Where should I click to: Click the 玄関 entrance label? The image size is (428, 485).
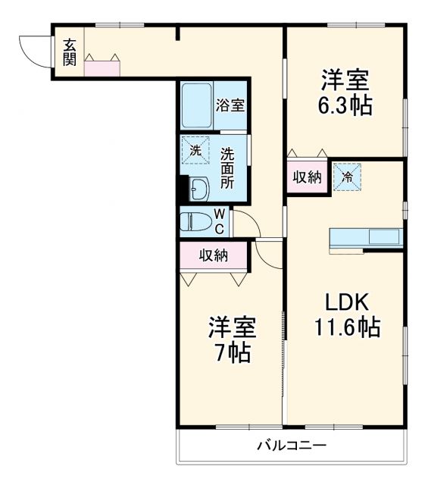pyautogui.click(x=69, y=52)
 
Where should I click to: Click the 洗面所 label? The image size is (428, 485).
pyautogui.click(x=227, y=167)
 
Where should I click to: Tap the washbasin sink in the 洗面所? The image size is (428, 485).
pyautogui.click(x=199, y=189)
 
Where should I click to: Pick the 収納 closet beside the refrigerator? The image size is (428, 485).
pyautogui.click(x=307, y=177)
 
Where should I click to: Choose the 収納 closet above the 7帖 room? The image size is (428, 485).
pyautogui.click(x=214, y=255)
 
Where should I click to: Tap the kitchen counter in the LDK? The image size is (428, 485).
pyautogui.click(x=367, y=236)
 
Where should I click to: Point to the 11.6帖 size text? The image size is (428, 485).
pyautogui.click(x=347, y=328)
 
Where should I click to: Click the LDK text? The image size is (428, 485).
pyautogui.click(x=346, y=303)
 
